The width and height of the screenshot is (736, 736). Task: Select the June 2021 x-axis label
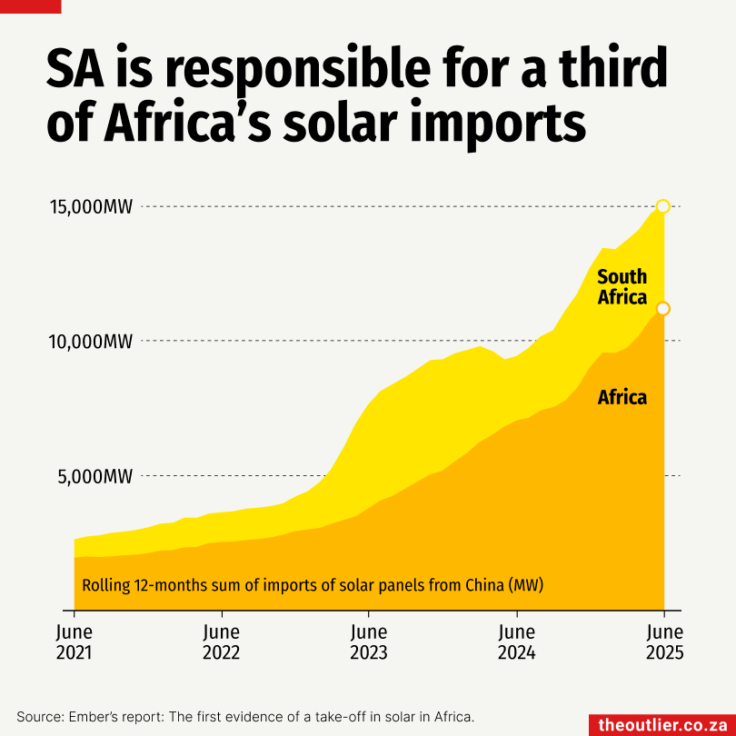click(x=74, y=642)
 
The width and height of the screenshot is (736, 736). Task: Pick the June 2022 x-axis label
click(x=222, y=642)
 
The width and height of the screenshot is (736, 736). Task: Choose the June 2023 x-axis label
click(x=369, y=642)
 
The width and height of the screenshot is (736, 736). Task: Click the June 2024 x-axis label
click(x=517, y=642)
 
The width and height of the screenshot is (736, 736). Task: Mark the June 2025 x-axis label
click(x=664, y=642)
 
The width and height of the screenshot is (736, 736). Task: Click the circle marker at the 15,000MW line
click(x=663, y=206)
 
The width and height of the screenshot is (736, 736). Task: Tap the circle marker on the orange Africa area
click(x=663, y=309)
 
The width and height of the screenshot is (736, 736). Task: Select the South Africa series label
click(x=622, y=287)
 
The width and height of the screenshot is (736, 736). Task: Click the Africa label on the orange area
click(x=622, y=397)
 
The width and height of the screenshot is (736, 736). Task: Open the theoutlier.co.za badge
click(x=661, y=724)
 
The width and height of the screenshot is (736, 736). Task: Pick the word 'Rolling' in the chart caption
click(x=105, y=585)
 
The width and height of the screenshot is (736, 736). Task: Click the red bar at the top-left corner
click(x=30, y=5)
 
